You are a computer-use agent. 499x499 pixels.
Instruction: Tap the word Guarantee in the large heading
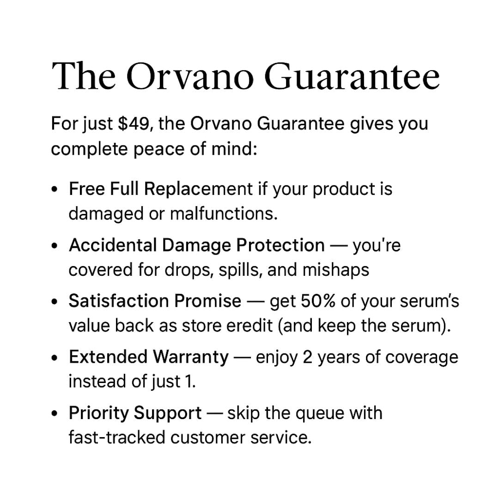[x=352, y=77]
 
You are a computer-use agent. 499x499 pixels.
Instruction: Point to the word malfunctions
[x=224, y=213]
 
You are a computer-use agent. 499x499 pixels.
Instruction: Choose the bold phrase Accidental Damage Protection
[x=197, y=245]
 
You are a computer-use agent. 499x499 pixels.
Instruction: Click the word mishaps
[x=336, y=270]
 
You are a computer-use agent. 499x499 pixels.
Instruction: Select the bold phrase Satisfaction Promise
[x=155, y=301]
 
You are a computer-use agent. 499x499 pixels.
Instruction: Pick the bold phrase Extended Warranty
[x=149, y=357]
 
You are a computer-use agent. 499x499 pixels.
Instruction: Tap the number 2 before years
[x=307, y=357]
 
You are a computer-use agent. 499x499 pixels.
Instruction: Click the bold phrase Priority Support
[x=135, y=413]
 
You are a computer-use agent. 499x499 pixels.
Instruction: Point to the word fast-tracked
[x=117, y=438]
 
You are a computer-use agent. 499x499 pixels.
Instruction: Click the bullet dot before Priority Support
[x=55, y=414]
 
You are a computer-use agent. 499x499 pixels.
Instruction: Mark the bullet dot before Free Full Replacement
[x=55, y=189]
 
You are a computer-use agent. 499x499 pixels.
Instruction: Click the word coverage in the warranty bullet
[x=422, y=358]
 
